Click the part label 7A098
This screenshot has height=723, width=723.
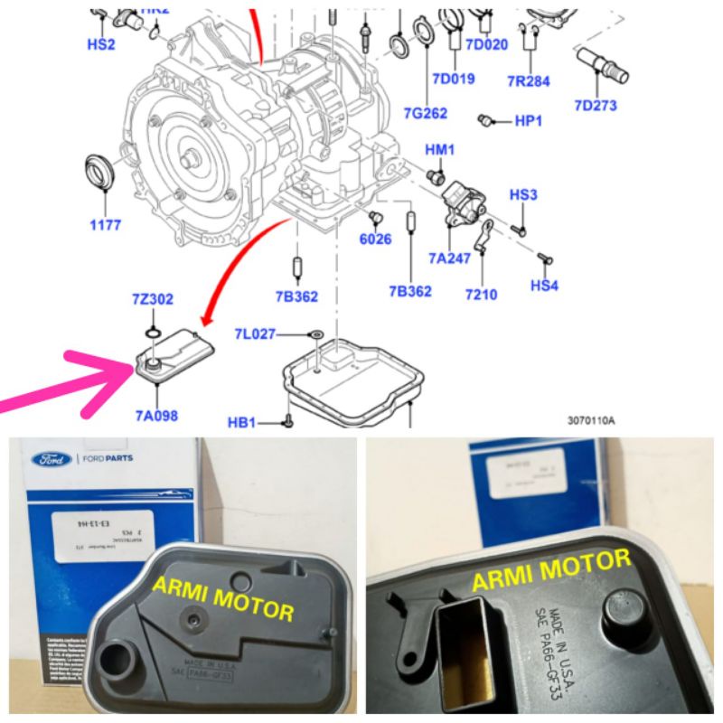click(156, 417)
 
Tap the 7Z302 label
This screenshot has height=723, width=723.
click(153, 299)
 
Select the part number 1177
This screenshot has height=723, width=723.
click(105, 225)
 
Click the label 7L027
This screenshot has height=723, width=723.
click(256, 335)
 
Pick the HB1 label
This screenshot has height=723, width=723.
click(241, 422)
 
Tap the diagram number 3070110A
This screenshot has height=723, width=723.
click(591, 420)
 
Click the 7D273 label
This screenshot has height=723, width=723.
click(596, 106)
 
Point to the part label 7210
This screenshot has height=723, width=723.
click(481, 294)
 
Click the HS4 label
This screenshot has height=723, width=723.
click(545, 286)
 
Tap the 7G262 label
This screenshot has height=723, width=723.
click(426, 112)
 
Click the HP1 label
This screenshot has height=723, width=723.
click(528, 121)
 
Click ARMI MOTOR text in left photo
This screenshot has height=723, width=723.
click(222, 598)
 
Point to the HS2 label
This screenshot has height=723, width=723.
click(100, 43)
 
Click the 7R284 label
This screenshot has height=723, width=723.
click(529, 80)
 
